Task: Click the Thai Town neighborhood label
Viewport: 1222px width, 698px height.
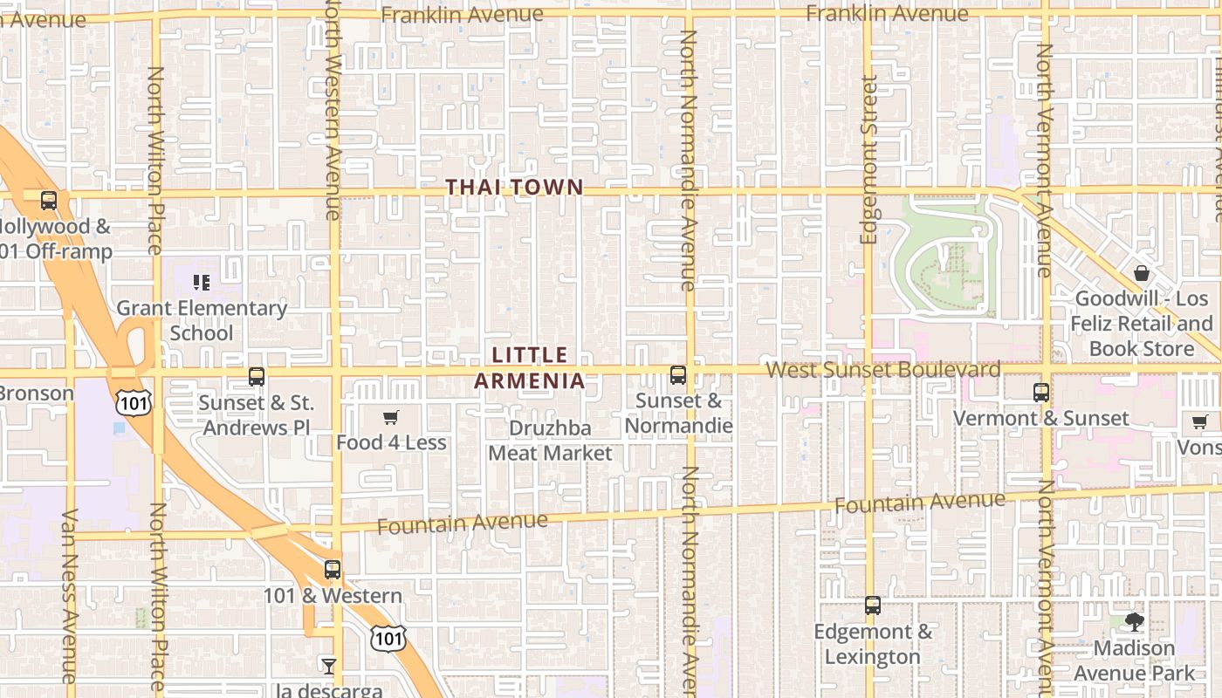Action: pos(514,187)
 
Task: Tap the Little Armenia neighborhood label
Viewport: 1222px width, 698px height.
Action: pos(530,367)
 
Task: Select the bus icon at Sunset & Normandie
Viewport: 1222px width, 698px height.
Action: pos(678,375)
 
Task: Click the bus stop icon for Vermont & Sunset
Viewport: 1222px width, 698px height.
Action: pos(1041,392)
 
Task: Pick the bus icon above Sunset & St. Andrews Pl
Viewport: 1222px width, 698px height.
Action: pos(257,377)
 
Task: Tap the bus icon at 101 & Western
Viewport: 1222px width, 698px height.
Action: pos(333,570)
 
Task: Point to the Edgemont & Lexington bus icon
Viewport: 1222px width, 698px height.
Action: pos(873,606)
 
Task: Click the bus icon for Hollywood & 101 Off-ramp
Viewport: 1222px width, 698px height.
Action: pos(49,200)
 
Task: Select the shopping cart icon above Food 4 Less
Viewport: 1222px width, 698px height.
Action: pos(391,418)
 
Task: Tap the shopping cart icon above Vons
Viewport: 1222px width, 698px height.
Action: pos(1200,422)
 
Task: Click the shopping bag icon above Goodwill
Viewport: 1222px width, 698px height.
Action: pos(1142,273)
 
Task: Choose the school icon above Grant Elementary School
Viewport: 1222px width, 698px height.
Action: pos(202,283)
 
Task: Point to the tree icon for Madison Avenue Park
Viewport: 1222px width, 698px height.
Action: pos(1134,622)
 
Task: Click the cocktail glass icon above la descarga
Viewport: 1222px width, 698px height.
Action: pos(328,667)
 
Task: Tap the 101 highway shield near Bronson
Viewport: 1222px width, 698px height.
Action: pos(133,401)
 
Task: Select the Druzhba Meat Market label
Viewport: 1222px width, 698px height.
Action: pos(550,441)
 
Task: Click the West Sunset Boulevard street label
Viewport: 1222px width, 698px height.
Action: pos(883,370)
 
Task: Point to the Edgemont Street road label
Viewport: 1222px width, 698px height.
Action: pos(868,160)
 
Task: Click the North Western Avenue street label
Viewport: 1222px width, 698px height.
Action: pos(332,109)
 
